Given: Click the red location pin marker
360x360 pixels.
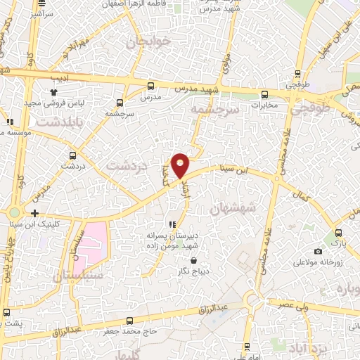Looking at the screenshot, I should pos(180,164).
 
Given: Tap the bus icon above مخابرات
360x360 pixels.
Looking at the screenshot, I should pos(264,94).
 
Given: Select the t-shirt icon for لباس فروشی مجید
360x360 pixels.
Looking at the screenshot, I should pos(53,91).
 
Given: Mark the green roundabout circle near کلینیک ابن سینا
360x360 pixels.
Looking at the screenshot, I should pos(14,212).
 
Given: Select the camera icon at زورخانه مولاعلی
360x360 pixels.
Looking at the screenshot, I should pos(319,252).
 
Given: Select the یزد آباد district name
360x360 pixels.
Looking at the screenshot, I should pos(307,346).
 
